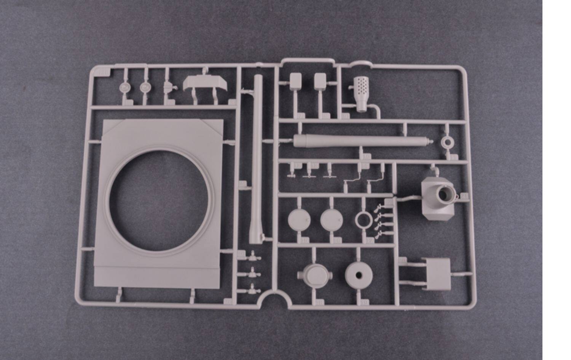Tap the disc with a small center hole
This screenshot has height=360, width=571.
[x=359, y=274]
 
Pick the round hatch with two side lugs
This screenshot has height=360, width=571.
[x=315, y=274]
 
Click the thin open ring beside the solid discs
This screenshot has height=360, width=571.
[x=364, y=220]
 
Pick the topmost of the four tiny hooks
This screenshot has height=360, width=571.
[x=378, y=208]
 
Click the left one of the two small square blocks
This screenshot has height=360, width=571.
[x=295, y=81]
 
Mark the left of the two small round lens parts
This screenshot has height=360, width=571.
[x=124, y=88]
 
